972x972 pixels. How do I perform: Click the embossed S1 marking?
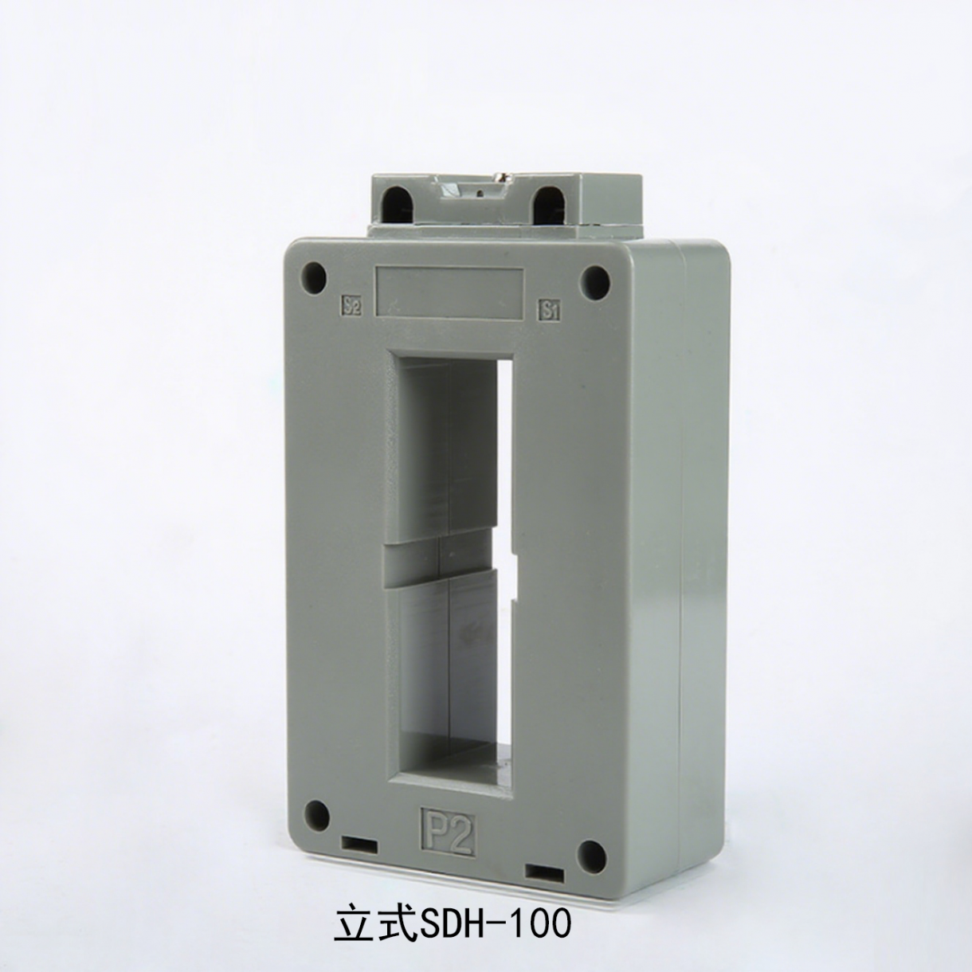551,310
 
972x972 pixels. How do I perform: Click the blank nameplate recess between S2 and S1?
448,292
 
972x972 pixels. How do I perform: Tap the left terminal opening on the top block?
402,203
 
